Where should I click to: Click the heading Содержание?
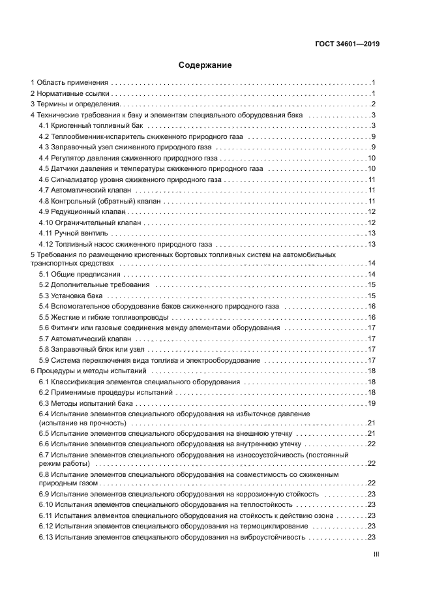(205, 65)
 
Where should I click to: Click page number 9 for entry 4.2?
(372, 136)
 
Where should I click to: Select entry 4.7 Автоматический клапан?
(85, 189)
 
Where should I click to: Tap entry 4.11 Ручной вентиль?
(74, 233)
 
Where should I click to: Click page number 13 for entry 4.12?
(371, 244)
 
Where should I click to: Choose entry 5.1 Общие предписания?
(76, 274)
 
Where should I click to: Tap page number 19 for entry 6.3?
(371, 403)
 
